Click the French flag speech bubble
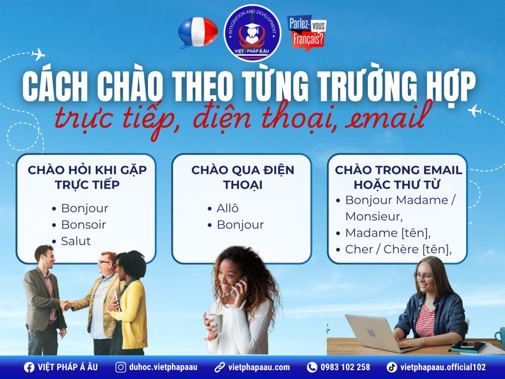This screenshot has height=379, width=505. tap(197, 32)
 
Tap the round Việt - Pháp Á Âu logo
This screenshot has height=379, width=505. tap(252, 33)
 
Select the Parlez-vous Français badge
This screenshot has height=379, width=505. tap(306, 33)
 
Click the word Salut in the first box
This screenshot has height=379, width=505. tap(76, 241)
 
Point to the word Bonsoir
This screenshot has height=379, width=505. tap(83, 225)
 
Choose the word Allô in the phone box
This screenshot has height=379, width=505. tap(227, 208)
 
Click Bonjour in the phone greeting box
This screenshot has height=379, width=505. tap(240, 225)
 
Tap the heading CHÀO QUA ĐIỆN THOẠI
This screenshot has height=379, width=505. tap(242, 177)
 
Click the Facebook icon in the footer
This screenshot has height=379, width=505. tap(29, 367)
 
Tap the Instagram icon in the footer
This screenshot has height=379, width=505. tap(120, 367)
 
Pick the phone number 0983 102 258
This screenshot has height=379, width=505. tap(345, 367)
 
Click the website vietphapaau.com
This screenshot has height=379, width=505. tap(259, 367)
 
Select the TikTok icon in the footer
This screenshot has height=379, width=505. tap(392, 367)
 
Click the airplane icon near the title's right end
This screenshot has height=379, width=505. tap(474, 111)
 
